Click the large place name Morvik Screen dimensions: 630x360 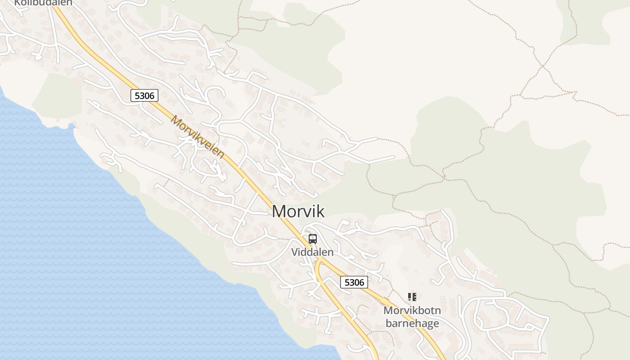coord(298,211)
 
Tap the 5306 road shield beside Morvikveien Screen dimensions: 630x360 coord(144,95)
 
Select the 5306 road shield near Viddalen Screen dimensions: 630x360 coord(354,282)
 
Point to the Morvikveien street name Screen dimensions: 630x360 coord(197,137)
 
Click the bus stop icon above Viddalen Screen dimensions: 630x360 coord(313,239)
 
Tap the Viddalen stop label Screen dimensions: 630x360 coord(312,252)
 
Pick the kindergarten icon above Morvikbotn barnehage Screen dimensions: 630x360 coord(412,297)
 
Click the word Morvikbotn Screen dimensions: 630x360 coord(412,310)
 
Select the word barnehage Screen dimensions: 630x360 coord(412,323)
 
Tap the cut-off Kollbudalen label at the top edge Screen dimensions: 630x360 coord(43,3)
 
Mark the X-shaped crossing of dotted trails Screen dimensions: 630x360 coord(543,66)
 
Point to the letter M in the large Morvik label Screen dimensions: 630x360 coord(279,211)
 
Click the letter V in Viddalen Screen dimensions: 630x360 coord(295,252)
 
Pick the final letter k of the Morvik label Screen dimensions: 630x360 coord(319,211)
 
